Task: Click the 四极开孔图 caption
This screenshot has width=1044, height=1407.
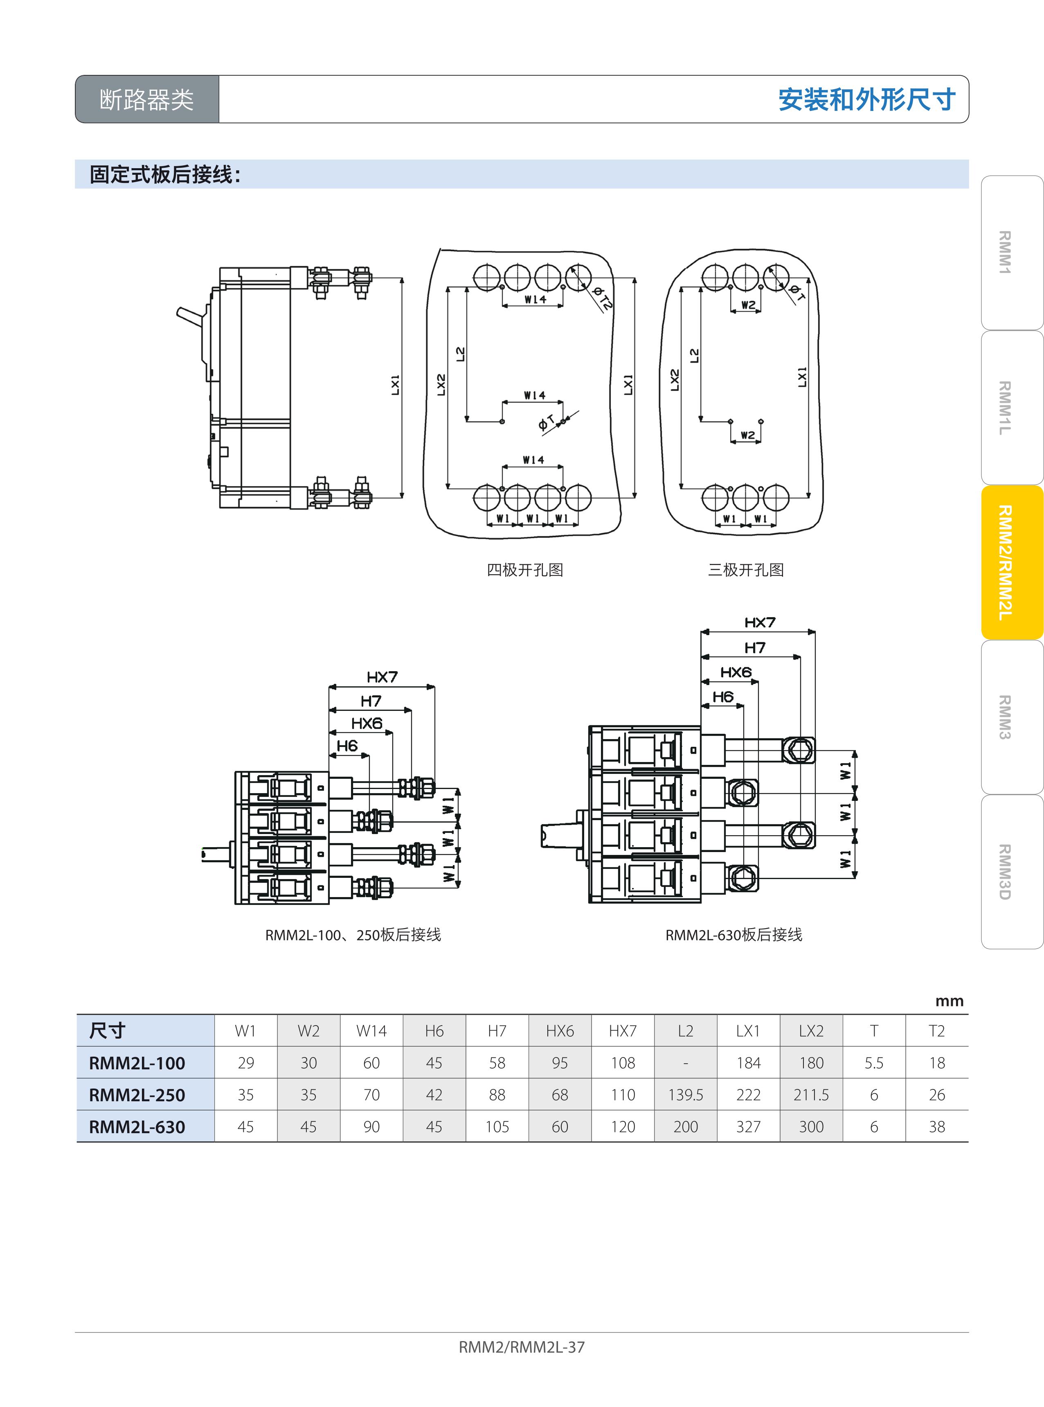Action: point(524,570)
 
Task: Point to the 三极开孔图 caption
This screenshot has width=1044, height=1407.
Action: point(746,570)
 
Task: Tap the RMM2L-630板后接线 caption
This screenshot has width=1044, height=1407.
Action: point(734,935)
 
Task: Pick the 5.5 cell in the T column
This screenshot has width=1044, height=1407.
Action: point(873,1063)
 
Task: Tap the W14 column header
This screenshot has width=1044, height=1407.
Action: point(371,1031)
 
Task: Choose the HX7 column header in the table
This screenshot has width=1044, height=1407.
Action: point(623,1031)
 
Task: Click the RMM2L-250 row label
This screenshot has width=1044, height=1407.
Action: point(137,1096)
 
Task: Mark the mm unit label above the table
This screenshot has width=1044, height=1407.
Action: point(949,1001)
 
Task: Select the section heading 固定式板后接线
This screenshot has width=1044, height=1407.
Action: point(165,174)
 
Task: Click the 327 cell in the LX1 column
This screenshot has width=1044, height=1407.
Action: point(748,1127)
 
